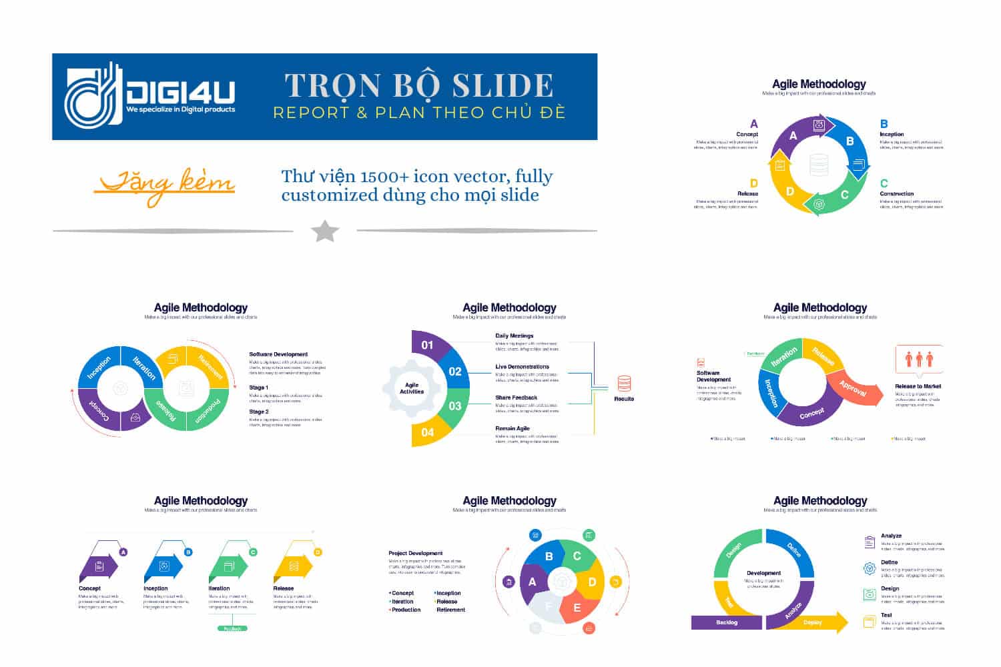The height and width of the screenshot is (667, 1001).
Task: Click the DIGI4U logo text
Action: tap(180, 91)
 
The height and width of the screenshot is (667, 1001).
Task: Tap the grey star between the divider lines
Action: tap(325, 231)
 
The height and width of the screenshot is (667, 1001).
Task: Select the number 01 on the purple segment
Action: tap(427, 345)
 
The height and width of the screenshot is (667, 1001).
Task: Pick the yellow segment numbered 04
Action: tap(427, 432)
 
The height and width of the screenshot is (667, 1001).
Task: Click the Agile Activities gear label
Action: tap(412, 388)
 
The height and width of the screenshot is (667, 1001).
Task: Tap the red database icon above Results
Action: tap(624, 384)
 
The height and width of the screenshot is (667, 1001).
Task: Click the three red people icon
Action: tap(919, 360)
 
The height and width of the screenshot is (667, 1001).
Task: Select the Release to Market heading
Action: tap(918, 386)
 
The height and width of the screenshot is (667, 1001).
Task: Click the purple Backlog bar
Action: tap(727, 622)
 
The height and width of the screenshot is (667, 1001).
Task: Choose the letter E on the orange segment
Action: tap(577, 608)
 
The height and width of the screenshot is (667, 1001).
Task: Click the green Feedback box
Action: tap(233, 628)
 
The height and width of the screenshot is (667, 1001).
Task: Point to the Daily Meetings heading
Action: tap(514, 336)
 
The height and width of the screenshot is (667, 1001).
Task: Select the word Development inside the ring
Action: tap(763, 573)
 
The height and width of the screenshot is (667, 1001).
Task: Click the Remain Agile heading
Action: tap(513, 428)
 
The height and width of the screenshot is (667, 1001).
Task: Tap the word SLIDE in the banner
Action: tap(503, 85)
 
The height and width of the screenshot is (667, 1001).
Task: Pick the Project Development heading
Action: tap(415, 553)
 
